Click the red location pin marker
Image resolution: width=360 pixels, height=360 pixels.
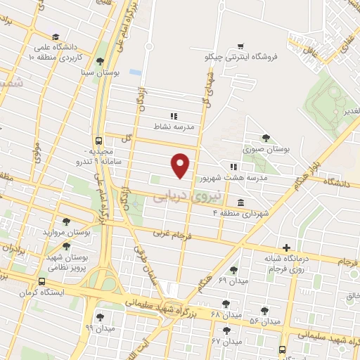pyautogui.click(x=181, y=165)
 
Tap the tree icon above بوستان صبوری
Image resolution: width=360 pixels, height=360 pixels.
pyautogui.click(x=266, y=138)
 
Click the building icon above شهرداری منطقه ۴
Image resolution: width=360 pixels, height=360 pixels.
pyautogui.click(x=241, y=203)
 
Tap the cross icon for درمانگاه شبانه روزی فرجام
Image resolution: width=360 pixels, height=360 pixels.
pyautogui.click(x=286, y=247)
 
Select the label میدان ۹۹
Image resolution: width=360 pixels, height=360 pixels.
pyautogui.click(x=99, y=328)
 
